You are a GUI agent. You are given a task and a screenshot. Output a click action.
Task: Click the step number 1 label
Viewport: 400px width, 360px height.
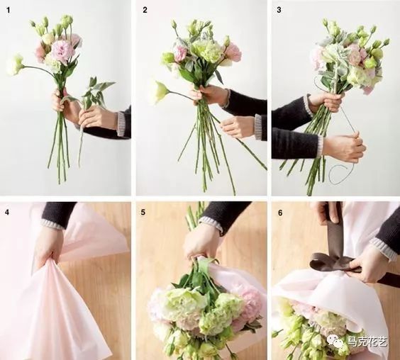(x=9, y=10)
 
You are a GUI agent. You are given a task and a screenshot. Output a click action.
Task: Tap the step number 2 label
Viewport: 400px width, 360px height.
(x=145, y=10)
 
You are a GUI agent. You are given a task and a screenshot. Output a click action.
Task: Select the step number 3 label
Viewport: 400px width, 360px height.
(x=279, y=10)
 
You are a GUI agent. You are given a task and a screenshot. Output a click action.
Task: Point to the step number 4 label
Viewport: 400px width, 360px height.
(x=7, y=212)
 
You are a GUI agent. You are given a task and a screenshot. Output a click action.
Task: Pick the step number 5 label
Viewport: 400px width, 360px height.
(x=143, y=212)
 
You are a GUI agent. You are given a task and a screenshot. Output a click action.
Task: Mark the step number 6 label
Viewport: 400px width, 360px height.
(x=280, y=213)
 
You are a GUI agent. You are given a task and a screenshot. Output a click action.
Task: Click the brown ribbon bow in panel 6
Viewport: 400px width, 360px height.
(x=332, y=262)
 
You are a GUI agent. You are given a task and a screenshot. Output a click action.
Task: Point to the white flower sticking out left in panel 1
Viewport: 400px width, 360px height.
(x=16, y=64)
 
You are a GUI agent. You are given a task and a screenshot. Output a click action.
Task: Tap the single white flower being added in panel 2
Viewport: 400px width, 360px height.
(x=160, y=92)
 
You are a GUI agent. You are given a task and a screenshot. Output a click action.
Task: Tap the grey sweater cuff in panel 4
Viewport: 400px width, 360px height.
(x=53, y=225)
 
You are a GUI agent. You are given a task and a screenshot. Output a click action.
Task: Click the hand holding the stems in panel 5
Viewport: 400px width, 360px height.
(x=201, y=242)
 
